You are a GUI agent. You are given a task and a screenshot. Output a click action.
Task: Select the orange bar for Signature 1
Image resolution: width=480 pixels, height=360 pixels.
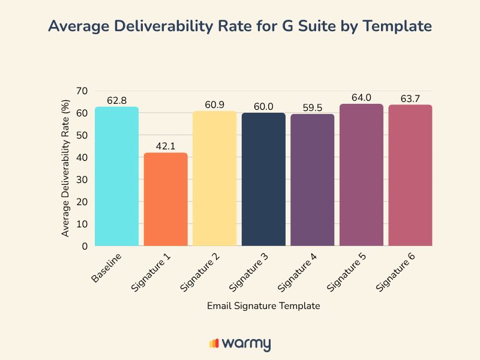[166, 199]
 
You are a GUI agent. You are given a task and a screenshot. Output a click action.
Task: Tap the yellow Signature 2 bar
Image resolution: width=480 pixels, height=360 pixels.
[214, 178]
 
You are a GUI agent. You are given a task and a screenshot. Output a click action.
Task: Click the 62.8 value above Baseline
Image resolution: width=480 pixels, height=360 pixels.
[116, 100]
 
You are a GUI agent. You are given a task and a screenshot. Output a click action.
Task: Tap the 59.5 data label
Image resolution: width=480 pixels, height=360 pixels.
[313, 108]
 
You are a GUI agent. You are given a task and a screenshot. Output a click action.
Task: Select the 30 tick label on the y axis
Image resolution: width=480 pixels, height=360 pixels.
[82, 179]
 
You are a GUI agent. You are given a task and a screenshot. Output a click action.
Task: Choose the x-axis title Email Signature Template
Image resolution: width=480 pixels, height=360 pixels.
[263, 305]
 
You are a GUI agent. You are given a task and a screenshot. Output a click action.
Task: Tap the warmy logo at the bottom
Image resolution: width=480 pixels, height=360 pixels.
[240, 343]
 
